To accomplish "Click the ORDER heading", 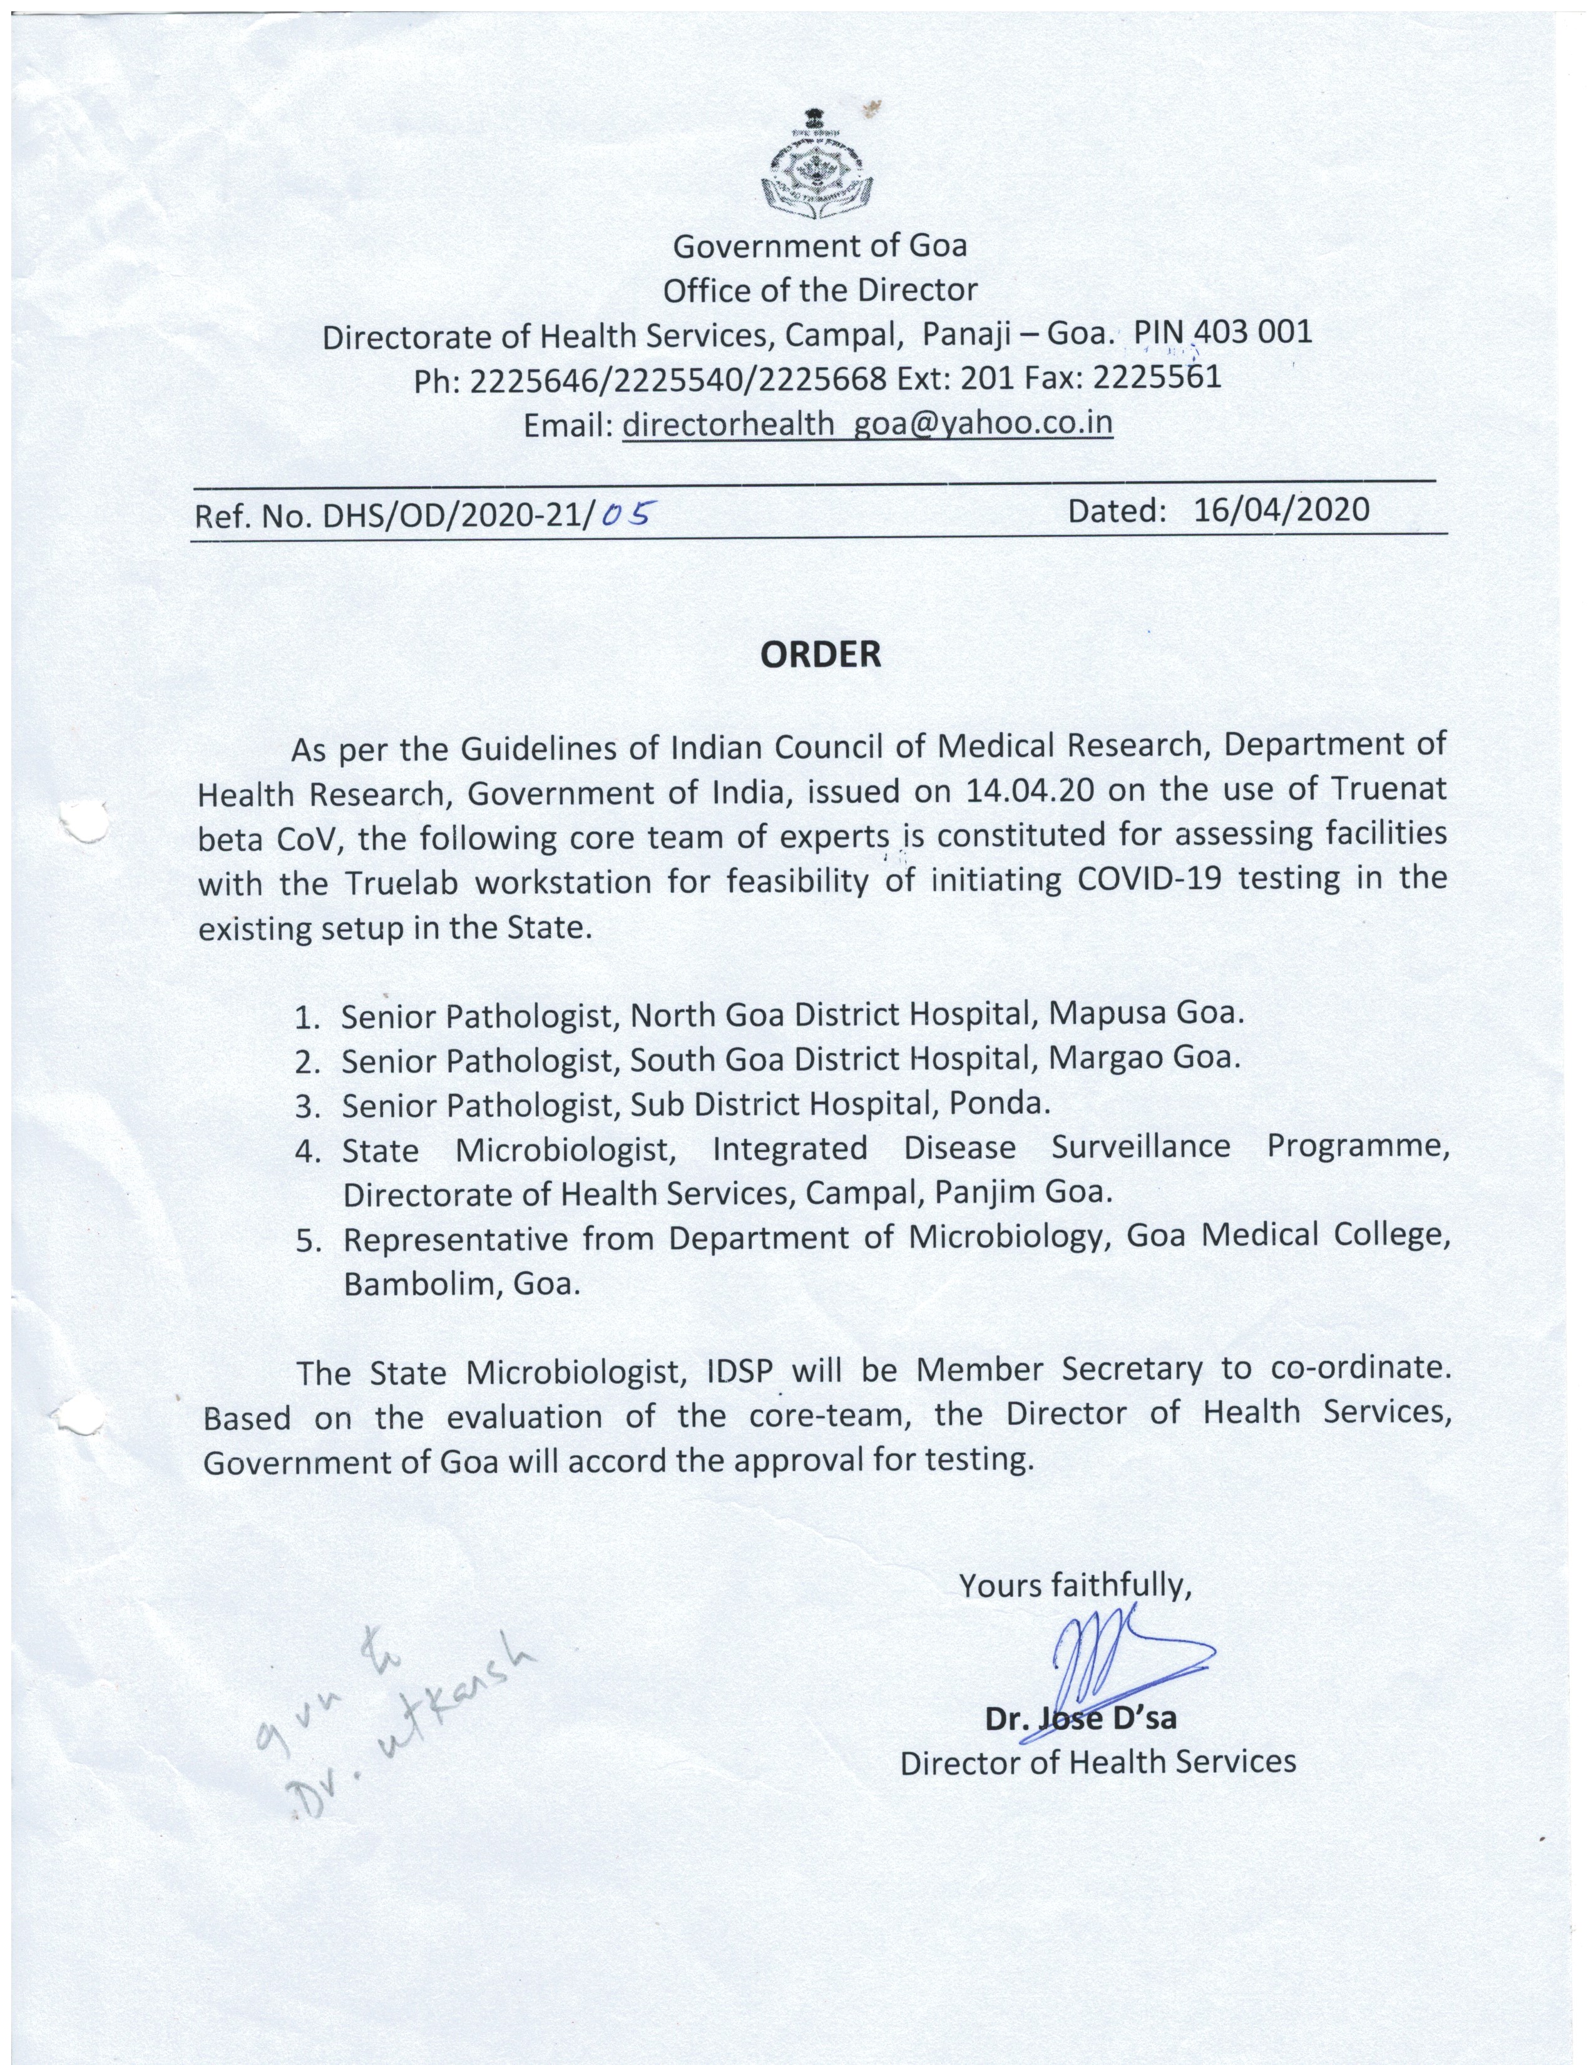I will [821, 655].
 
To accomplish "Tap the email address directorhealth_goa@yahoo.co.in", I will [867, 424].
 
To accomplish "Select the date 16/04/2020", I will [1281, 511].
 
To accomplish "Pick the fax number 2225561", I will [1157, 377].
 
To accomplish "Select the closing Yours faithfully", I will [1075, 1584].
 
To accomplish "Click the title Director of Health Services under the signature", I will [1098, 1762].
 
